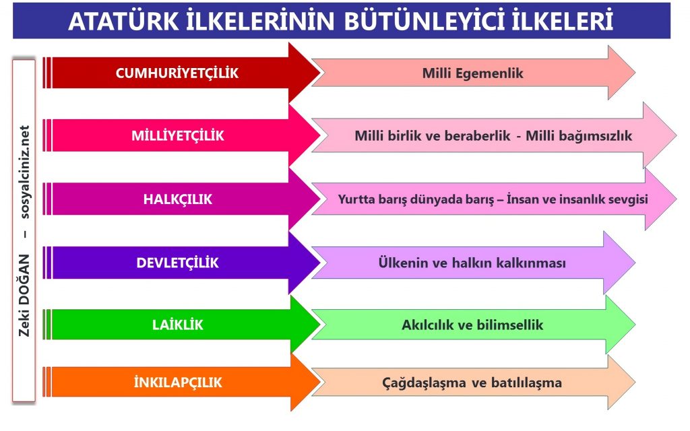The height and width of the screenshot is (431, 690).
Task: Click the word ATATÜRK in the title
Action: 124,21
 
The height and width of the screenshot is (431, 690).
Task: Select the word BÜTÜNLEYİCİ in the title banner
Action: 424,21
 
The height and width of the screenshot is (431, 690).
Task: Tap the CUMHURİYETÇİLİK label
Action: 177,73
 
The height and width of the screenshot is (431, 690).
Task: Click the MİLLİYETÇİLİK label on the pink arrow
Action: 178,135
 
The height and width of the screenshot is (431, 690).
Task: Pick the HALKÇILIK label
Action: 178,199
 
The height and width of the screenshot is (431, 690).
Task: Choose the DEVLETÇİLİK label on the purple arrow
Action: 177,263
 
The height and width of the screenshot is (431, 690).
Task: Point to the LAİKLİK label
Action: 178,325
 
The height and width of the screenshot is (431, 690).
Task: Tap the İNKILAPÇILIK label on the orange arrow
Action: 178,382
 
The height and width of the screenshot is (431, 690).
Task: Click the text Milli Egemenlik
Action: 472,73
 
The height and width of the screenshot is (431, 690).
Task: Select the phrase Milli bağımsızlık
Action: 579,136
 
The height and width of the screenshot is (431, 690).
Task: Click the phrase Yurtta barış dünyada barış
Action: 416,199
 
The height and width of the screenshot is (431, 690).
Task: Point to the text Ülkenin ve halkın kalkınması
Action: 472,263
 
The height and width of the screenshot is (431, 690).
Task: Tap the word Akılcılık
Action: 427,325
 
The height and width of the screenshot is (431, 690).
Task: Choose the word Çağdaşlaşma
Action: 424,383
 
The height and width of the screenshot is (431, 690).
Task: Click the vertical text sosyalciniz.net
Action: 25,172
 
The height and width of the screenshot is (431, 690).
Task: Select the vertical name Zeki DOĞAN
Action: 24,296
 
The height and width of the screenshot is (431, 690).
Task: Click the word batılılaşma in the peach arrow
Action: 526,383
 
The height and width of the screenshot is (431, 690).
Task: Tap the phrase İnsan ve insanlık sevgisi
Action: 577,199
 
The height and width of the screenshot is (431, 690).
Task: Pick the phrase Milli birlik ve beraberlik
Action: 433,135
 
